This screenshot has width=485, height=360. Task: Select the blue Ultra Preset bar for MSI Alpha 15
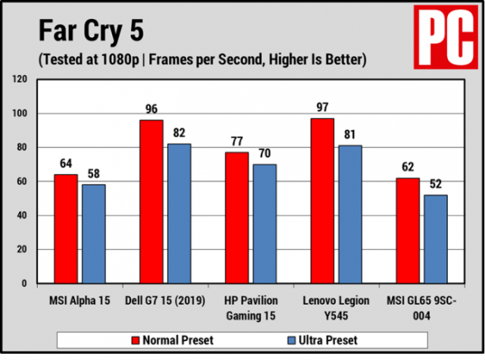click(x=93, y=234)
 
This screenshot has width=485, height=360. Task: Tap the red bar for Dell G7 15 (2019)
click(x=152, y=202)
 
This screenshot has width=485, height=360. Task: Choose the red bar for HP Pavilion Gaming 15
click(x=237, y=218)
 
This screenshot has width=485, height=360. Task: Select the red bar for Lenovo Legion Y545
click(x=322, y=201)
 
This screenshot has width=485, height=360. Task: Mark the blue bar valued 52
click(x=436, y=239)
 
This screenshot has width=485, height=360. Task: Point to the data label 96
click(x=152, y=109)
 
